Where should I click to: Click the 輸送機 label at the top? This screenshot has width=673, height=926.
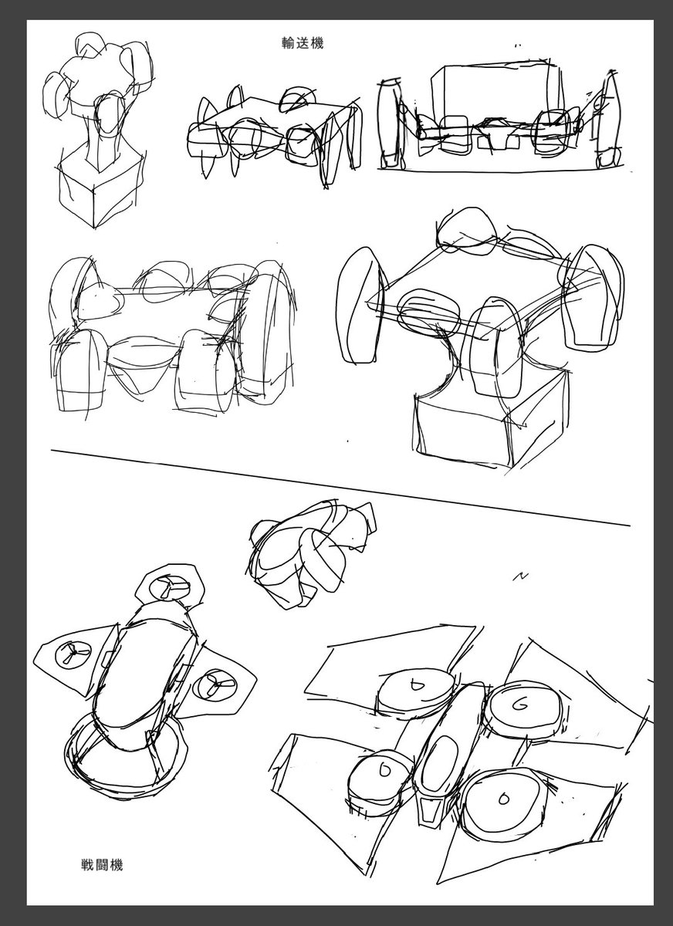(x=303, y=43)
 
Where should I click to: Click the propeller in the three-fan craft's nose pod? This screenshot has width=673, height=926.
(x=169, y=588)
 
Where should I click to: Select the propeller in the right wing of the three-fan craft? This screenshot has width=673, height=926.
(x=215, y=684)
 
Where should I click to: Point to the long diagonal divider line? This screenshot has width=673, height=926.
(x=340, y=488)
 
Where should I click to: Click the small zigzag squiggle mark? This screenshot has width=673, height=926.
(x=520, y=576)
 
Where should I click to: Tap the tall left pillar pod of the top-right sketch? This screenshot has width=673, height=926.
(x=390, y=123)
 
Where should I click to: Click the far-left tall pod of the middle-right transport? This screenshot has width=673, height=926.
(x=360, y=306)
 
